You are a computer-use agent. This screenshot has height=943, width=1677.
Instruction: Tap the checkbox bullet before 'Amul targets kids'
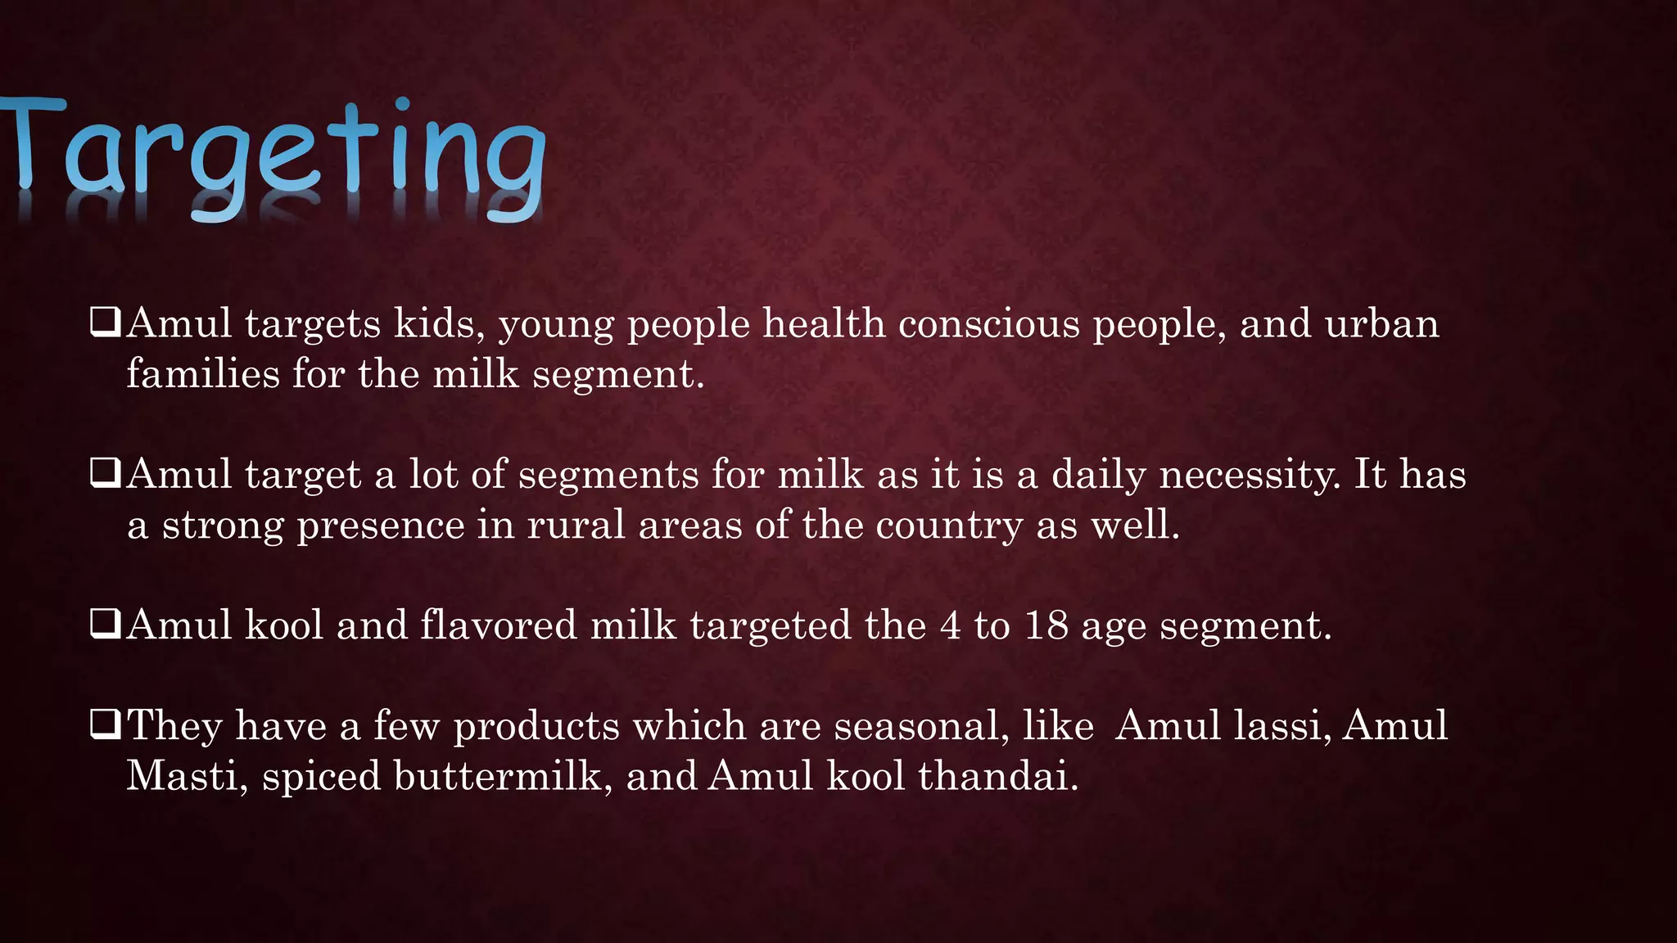[x=106, y=323]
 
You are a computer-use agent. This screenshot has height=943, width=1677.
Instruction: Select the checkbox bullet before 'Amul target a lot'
[x=106, y=473]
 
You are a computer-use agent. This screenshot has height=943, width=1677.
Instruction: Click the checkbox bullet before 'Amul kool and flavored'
[x=106, y=625]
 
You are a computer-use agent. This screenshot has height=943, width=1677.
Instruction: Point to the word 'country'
[x=949, y=526]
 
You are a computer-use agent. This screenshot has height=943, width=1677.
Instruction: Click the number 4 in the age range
[x=950, y=625]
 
